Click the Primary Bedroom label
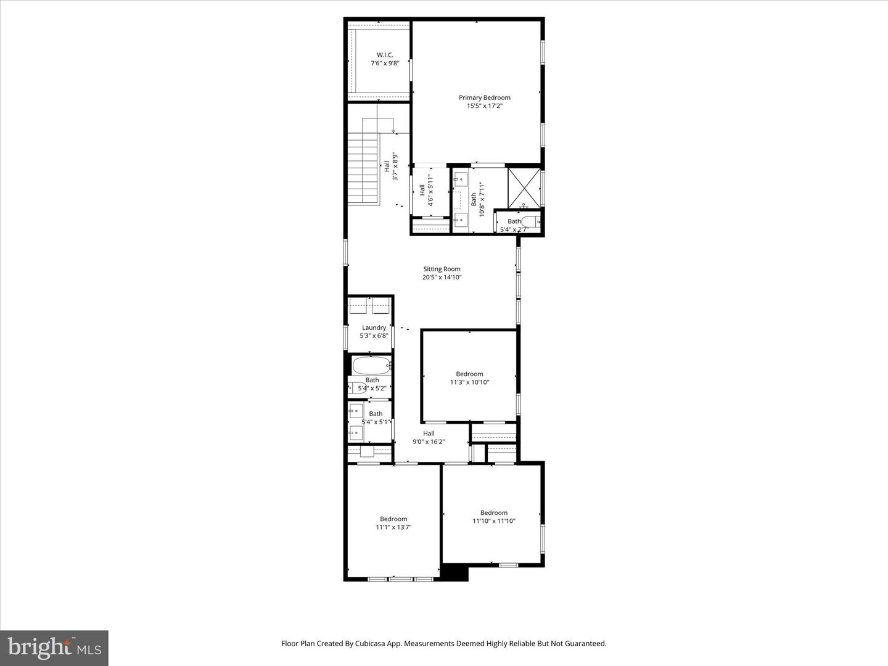pos(484,97)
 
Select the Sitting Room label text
pos(442,269)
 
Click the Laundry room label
pos(374,327)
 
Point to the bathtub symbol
pos(371,365)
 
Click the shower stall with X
pos(524,187)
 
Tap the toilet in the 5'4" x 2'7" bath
pos(531,222)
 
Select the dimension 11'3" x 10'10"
pos(469,382)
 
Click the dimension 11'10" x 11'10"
pos(493,521)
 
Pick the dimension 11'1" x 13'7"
pos(393,527)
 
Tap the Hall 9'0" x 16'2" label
pos(429,437)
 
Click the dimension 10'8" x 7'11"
pos(483,196)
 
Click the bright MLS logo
pos(54,647)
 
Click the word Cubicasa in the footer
pos(369,643)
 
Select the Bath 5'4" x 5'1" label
pos(375,417)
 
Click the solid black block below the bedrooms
pos(455,572)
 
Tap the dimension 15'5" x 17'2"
pos(484,106)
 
